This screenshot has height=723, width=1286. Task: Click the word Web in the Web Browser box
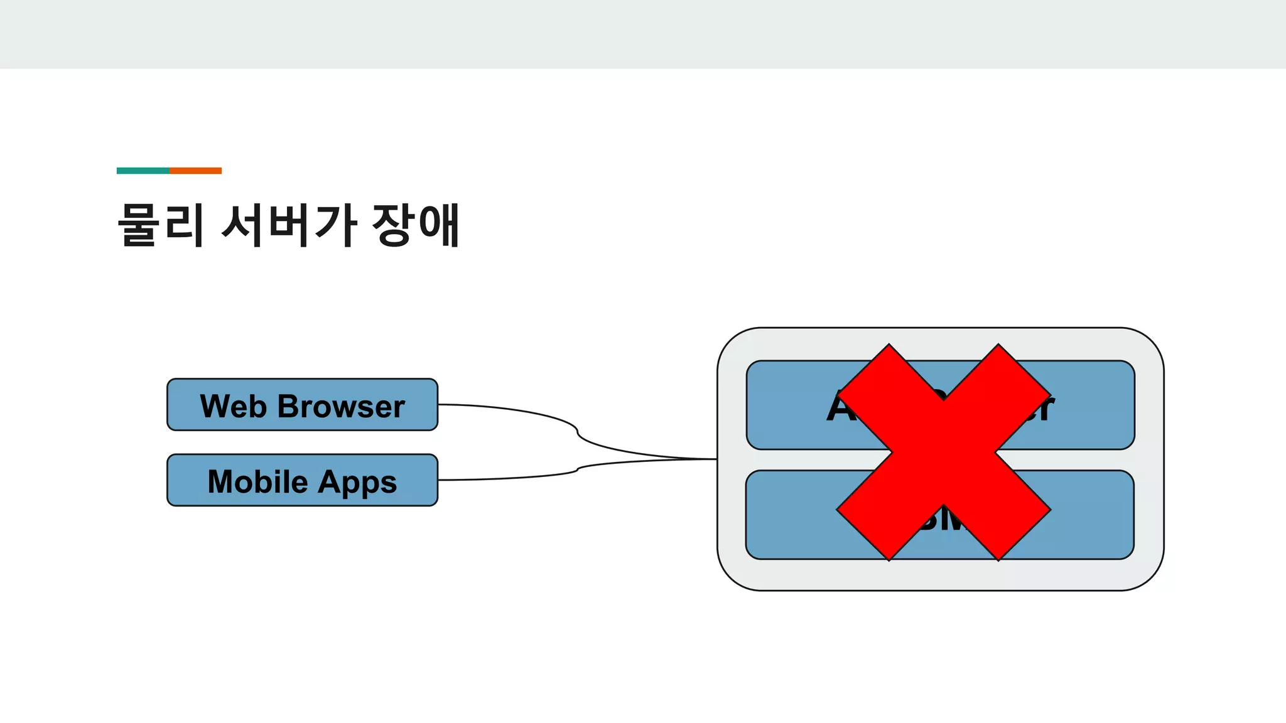tap(233, 406)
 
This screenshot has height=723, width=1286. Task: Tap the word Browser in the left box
tap(341, 406)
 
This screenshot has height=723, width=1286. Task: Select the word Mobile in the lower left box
tap(257, 481)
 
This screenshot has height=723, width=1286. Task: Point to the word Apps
tap(357, 483)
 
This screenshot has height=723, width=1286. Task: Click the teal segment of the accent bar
tap(143, 171)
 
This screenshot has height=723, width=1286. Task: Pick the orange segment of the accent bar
tap(195, 171)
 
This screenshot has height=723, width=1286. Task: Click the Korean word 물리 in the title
tap(161, 224)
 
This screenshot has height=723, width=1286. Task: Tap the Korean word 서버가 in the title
tap(289, 224)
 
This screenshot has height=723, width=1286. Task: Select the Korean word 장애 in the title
tap(416, 224)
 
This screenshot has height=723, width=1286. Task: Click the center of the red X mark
tap(944, 452)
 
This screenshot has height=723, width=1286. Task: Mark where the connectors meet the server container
tap(716, 459)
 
